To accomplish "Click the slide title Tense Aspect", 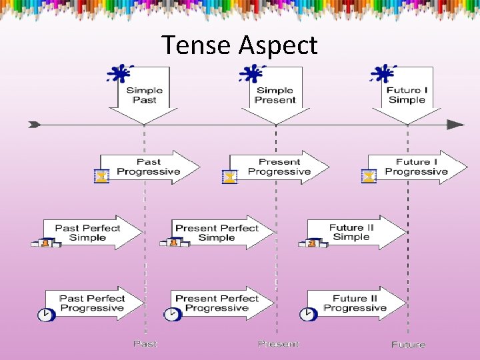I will click(240, 45).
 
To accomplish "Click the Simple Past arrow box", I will click(144, 95).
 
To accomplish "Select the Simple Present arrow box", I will click(275, 95).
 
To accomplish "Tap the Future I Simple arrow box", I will click(407, 95).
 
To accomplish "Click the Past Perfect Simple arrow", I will click(89, 233).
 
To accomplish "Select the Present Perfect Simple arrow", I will click(218, 233).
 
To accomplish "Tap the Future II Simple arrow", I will click(353, 232).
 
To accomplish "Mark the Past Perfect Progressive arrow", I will click(93, 303).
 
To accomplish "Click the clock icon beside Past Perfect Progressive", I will click(45, 315).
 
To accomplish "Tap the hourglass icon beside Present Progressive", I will click(229, 177).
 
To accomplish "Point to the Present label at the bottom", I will click(279, 344).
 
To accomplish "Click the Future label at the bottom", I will click(408, 345).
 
